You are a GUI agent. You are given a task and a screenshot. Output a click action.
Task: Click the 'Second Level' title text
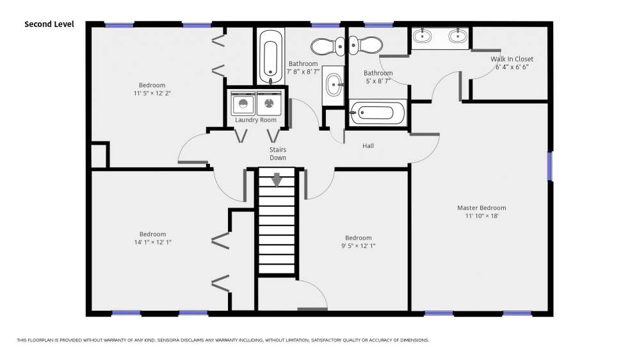click(49, 24)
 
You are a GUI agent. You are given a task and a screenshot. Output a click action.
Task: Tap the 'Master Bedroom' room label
click(481, 208)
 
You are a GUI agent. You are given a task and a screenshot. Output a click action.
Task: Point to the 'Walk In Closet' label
click(512, 59)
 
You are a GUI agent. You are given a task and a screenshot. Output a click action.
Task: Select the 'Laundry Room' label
click(255, 120)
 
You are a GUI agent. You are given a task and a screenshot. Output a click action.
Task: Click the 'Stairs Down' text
click(277, 154)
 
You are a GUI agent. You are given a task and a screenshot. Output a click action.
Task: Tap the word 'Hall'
click(368, 145)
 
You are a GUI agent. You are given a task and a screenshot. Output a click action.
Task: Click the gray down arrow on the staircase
click(277, 179)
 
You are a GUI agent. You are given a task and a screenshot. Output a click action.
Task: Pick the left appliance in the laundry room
click(243, 103)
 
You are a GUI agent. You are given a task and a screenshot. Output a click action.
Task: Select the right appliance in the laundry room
click(269, 103)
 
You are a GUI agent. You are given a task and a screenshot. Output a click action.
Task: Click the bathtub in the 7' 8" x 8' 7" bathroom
click(271, 56)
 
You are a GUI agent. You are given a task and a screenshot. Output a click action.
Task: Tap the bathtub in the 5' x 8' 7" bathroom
click(378, 113)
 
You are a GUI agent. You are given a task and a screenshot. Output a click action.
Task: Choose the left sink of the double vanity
click(423, 36)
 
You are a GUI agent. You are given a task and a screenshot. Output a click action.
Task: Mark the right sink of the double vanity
click(458, 36)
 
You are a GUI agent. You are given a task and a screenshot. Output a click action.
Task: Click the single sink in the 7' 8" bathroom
click(334, 85)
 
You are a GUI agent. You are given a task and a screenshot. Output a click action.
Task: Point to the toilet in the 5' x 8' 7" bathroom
click(365, 45)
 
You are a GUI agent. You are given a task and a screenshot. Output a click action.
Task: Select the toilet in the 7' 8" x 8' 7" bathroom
click(328, 46)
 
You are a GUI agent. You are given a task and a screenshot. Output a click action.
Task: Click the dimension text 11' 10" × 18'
click(481, 216)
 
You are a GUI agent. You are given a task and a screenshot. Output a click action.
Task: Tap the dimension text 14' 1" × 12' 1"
click(153, 242)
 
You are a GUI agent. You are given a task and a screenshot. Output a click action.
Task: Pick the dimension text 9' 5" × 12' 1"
click(358, 246)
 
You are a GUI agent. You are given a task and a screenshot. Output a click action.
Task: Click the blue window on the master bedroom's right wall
click(550, 167)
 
